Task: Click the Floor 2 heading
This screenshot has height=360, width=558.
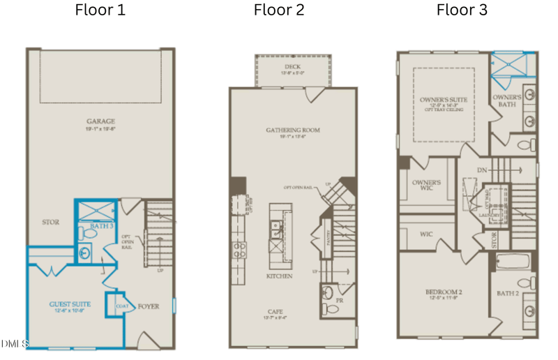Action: (278, 10)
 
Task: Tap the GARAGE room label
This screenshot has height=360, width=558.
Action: (100, 121)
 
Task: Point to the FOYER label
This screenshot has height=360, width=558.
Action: (149, 306)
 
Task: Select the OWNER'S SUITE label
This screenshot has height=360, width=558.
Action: (443, 100)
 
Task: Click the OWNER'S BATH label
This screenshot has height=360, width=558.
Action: (507, 100)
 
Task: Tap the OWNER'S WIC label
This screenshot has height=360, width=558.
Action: (425, 185)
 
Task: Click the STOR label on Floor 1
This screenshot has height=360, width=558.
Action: (50, 223)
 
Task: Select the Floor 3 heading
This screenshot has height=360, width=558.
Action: (462, 10)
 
